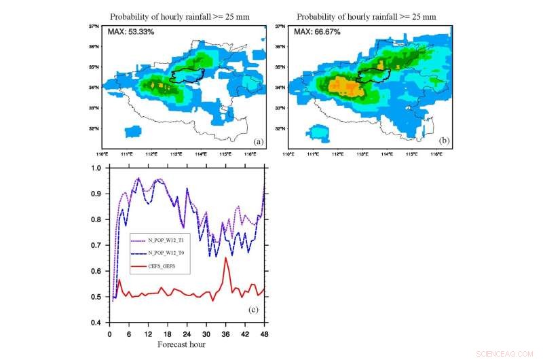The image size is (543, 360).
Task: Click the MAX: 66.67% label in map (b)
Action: (x=318, y=32)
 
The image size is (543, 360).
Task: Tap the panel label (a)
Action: (x=258, y=141)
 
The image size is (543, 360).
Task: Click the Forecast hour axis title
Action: (x=181, y=344)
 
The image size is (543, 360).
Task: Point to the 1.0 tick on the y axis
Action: (x=98, y=168)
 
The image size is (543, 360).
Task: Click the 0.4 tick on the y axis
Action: (x=98, y=323)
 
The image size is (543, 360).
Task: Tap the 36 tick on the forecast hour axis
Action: (x=225, y=334)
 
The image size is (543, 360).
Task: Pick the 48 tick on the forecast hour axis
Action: (x=264, y=334)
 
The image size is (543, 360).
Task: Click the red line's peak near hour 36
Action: (x=225, y=258)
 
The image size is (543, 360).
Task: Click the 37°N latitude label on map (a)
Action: (x=95, y=26)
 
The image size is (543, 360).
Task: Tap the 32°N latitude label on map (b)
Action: (x=280, y=128)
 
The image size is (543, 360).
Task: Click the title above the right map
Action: (x=367, y=16)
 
